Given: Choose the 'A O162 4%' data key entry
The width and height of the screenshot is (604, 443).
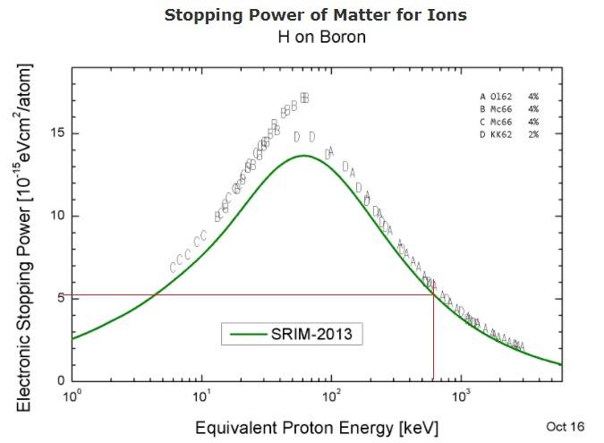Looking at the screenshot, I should (508, 97).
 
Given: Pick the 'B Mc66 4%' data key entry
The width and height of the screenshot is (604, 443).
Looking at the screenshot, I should (508, 109).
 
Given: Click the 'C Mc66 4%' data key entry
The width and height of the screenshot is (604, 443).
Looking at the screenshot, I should (508, 122).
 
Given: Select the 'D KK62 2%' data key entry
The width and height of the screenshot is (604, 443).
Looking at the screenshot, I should (508, 134).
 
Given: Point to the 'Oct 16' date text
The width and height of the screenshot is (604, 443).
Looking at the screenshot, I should (565, 426).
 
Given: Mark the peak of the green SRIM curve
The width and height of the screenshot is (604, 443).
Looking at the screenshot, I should (304, 156).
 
